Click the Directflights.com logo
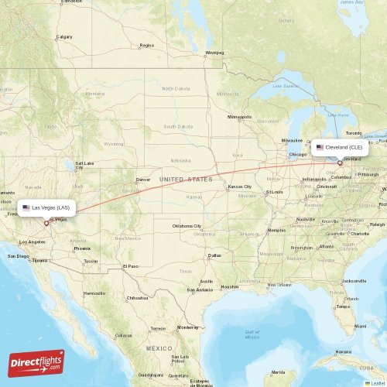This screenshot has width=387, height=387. click(x=36, y=362)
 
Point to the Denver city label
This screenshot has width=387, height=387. click(x=143, y=180)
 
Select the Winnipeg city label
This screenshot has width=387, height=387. click(x=214, y=53)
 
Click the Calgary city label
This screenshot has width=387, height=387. click(x=64, y=36)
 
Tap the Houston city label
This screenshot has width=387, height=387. click(x=230, y=286)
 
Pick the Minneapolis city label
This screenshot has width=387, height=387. click(x=240, y=117)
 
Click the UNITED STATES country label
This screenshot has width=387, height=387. click(x=185, y=180)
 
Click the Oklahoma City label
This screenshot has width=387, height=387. click(x=187, y=225)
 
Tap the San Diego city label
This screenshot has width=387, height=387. click(x=19, y=255)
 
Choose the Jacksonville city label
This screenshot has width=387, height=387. click(x=354, y=280)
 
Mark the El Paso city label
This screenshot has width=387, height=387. click(x=132, y=266)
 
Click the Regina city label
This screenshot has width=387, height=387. click(x=146, y=46)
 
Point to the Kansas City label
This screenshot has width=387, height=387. click(x=239, y=187)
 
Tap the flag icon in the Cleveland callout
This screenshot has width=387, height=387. click(x=320, y=147)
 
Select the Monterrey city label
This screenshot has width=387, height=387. click(x=188, y=327)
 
